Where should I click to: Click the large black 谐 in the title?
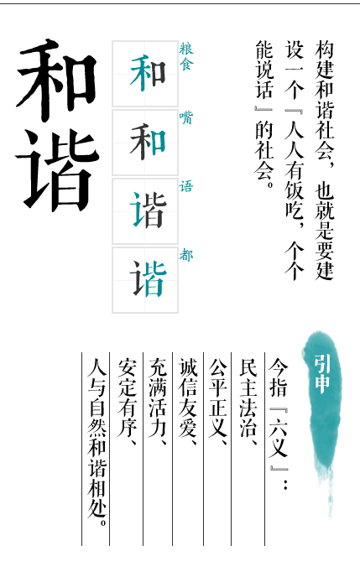(x=57, y=170)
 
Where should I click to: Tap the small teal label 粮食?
(x=186, y=56)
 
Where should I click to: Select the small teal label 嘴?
(x=186, y=117)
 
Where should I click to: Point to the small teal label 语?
(x=186, y=186)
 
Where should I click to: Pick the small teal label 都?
(x=186, y=255)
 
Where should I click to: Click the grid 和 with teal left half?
(x=147, y=73)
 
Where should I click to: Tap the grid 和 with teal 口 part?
(x=147, y=142)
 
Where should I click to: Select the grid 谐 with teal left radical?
(x=147, y=211)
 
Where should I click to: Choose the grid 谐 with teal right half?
(x=148, y=279)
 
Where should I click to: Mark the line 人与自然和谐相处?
(x=97, y=439)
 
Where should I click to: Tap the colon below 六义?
(x=285, y=484)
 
